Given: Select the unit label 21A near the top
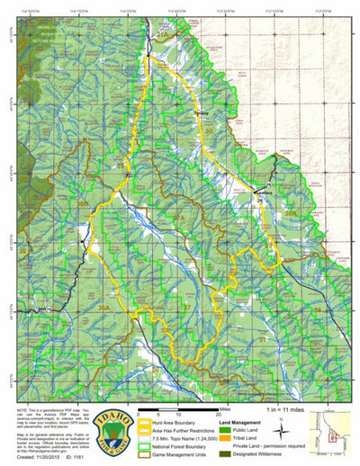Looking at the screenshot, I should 163,33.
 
